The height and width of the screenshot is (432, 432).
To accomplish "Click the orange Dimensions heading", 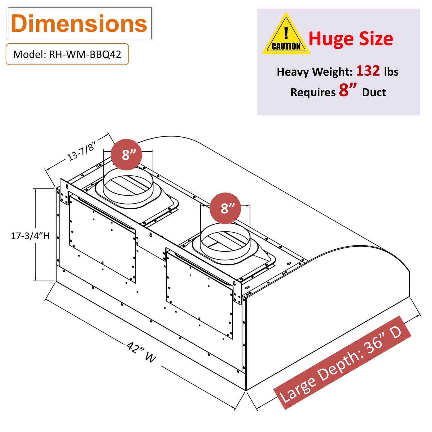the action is pyautogui.click(x=79, y=24).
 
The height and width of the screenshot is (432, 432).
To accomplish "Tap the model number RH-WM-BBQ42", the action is pyautogui.click(x=85, y=54).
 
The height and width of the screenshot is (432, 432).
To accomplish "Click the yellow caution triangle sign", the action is pyautogui.click(x=286, y=34).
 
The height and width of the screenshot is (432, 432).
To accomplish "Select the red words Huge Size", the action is pyautogui.click(x=351, y=39).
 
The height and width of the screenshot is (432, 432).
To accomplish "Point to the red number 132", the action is pyautogui.click(x=368, y=71).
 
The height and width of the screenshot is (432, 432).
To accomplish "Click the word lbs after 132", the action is pyautogui.click(x=391, y=72).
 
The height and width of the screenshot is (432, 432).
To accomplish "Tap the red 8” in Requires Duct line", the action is pyautogui.click(x=348, y=90).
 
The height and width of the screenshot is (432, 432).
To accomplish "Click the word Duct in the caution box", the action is pyautogui.click(x=374, y=92).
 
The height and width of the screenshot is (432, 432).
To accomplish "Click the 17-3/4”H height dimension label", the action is pyautogui.click(x=30, y=236).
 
